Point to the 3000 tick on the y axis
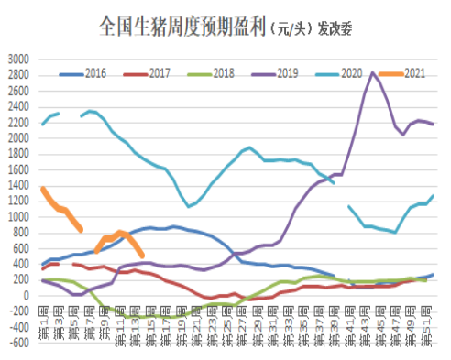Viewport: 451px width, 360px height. (17, 59)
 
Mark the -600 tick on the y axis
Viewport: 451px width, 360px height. (17, 344)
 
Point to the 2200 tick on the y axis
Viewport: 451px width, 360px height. (17, 122)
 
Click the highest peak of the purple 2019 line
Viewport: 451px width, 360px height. (372, 71)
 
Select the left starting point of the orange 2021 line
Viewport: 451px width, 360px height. (43, 188)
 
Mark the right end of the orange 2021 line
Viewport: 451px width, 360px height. (141, 256)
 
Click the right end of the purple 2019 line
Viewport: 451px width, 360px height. (433, 124)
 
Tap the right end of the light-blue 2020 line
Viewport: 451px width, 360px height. (433, 196)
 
